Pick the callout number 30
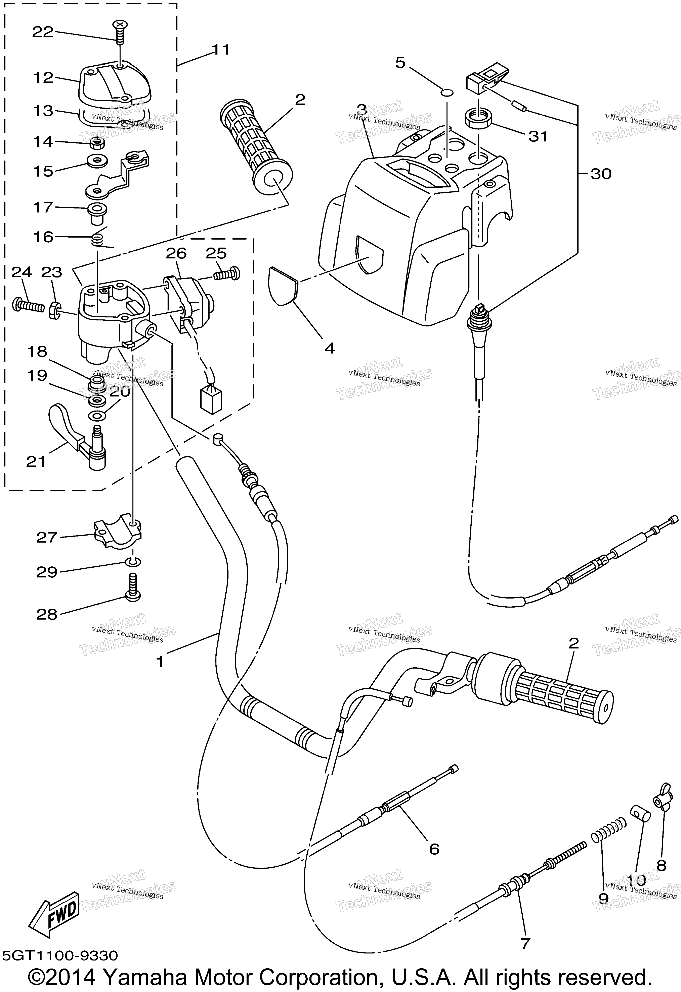601,174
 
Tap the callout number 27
47,537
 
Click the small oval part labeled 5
446,93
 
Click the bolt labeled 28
132,589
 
